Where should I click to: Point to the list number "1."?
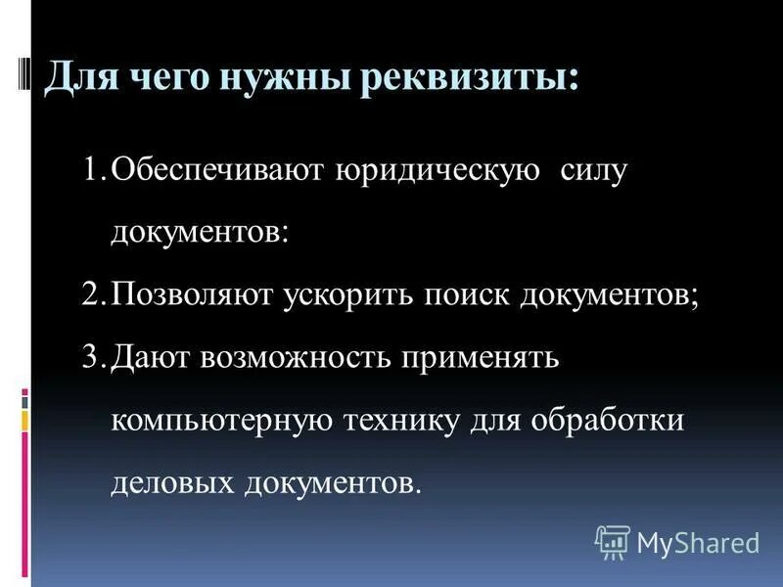95,170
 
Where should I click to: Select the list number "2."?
95,294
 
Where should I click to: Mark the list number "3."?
95,357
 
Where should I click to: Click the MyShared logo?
677,541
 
